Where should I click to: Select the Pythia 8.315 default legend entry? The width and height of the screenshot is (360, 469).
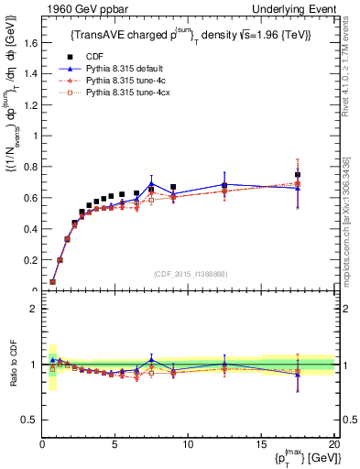pos(117,69)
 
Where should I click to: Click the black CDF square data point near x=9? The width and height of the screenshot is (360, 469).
pos(173,187)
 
